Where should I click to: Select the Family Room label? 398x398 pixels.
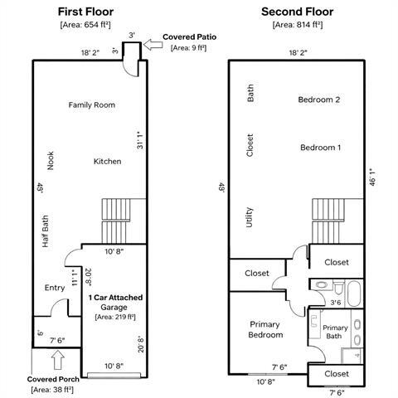[x=91, y=105]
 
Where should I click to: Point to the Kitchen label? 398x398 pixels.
[x=108, y=161]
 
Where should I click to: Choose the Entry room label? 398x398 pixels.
[x=55, y=288]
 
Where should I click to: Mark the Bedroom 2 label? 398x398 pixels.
[x=319, y=99]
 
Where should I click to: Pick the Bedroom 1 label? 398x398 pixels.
[x=320, y=147]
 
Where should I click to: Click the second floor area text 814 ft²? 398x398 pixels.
[x=299, y=25]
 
